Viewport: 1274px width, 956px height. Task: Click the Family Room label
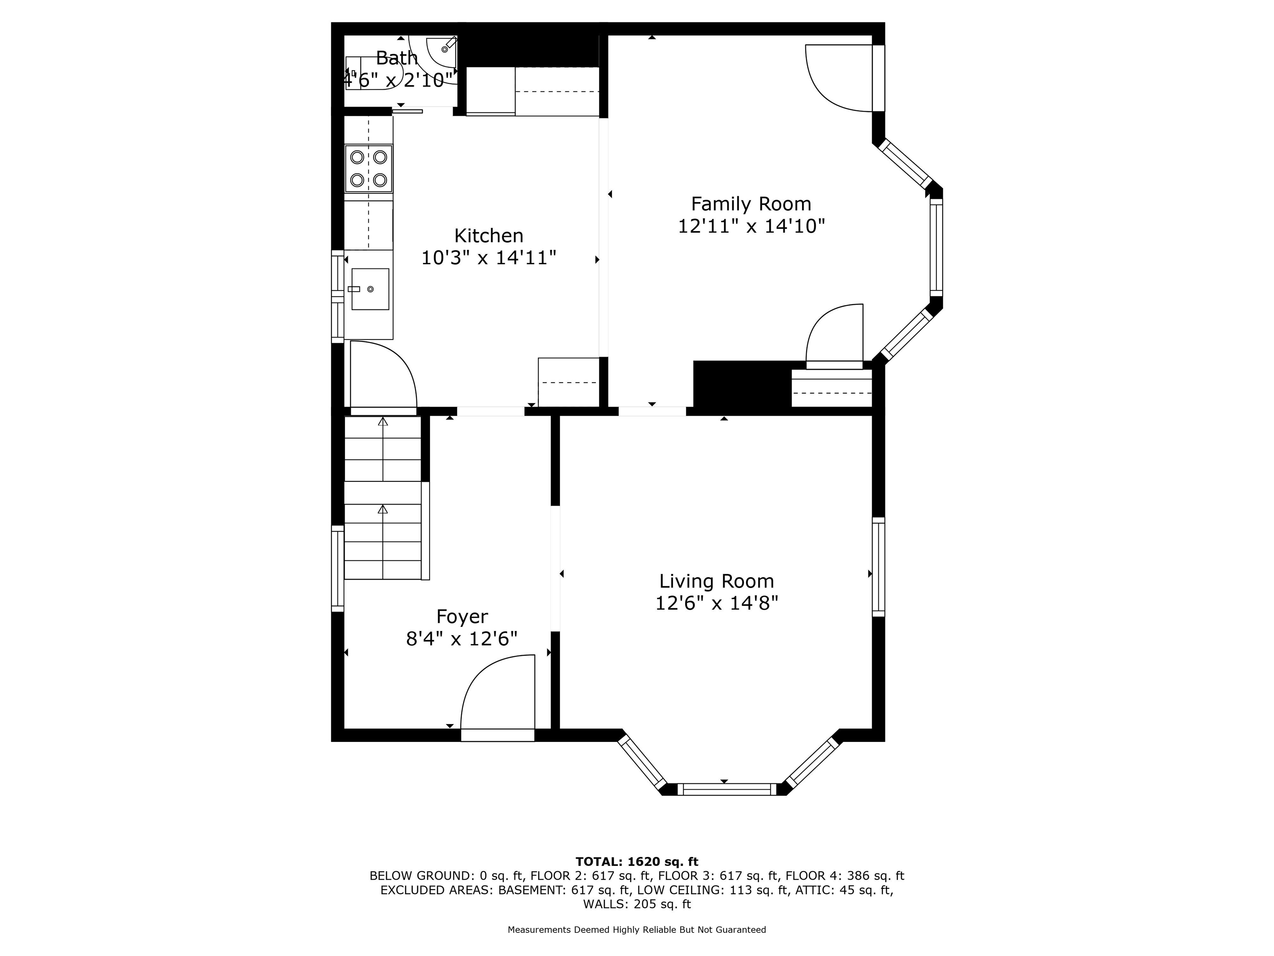[751, 204]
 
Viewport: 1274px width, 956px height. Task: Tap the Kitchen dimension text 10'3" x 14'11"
[489, 258]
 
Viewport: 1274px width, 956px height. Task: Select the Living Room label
[717, 581]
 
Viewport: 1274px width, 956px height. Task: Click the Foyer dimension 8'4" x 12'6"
[462, 639]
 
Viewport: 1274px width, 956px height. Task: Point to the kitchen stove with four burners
[369, 168]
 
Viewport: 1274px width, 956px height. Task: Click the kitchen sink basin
[370, 289]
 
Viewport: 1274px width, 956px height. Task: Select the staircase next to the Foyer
[383, 498]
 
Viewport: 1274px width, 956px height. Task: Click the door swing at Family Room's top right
[838, 78]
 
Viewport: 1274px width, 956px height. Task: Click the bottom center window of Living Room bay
[727, 790]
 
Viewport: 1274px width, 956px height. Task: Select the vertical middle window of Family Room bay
[936, 248]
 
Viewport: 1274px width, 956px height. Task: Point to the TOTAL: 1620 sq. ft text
[637, 861]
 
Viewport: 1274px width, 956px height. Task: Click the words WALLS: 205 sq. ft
[637, 904]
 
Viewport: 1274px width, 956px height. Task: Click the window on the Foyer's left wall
[338, 568]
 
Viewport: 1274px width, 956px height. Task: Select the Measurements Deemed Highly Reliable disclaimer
[637, 929]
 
